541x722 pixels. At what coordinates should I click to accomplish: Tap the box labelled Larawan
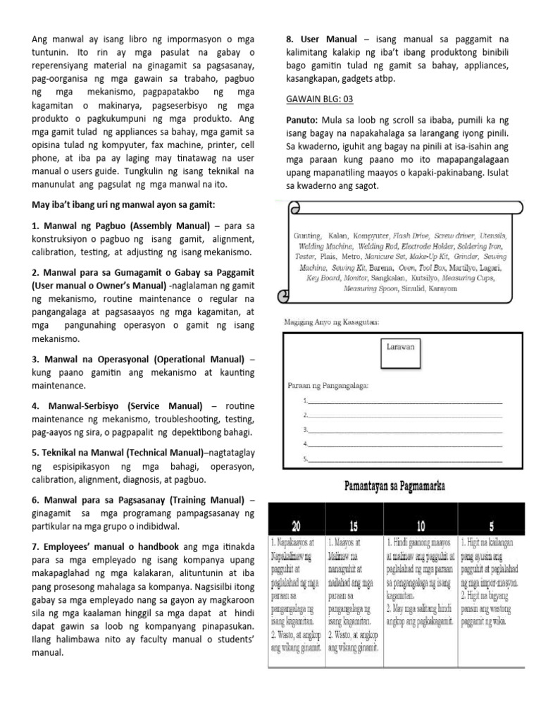pyautogui.click(x=401, y=347)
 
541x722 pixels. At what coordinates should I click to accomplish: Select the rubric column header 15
pyautogui.click(x=352, y=526)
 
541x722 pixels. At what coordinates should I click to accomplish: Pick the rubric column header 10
pyautogui.click(x=419, y=526)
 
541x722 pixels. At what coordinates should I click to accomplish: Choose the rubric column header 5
pyautogui.click(x=490, y=526)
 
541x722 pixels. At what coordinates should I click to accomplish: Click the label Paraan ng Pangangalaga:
pyautogui.click(x=328, y=385)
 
